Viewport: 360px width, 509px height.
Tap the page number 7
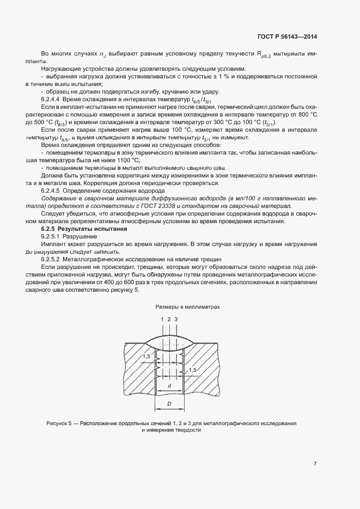(x=315, y=464)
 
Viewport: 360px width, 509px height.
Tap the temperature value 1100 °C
(x=127, y=161)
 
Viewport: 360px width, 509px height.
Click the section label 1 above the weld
(x=162, y=319)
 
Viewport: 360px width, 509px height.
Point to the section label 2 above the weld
(x=169, y=319)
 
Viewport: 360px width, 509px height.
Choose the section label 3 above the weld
(x=176, y=319)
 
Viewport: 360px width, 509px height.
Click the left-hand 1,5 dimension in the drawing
(x=147, y=357)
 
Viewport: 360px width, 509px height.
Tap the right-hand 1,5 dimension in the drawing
(x=192, y=370)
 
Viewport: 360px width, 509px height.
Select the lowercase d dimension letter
(x=170, y=385)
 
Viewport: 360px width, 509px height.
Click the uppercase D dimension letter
(x=169, y=404)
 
